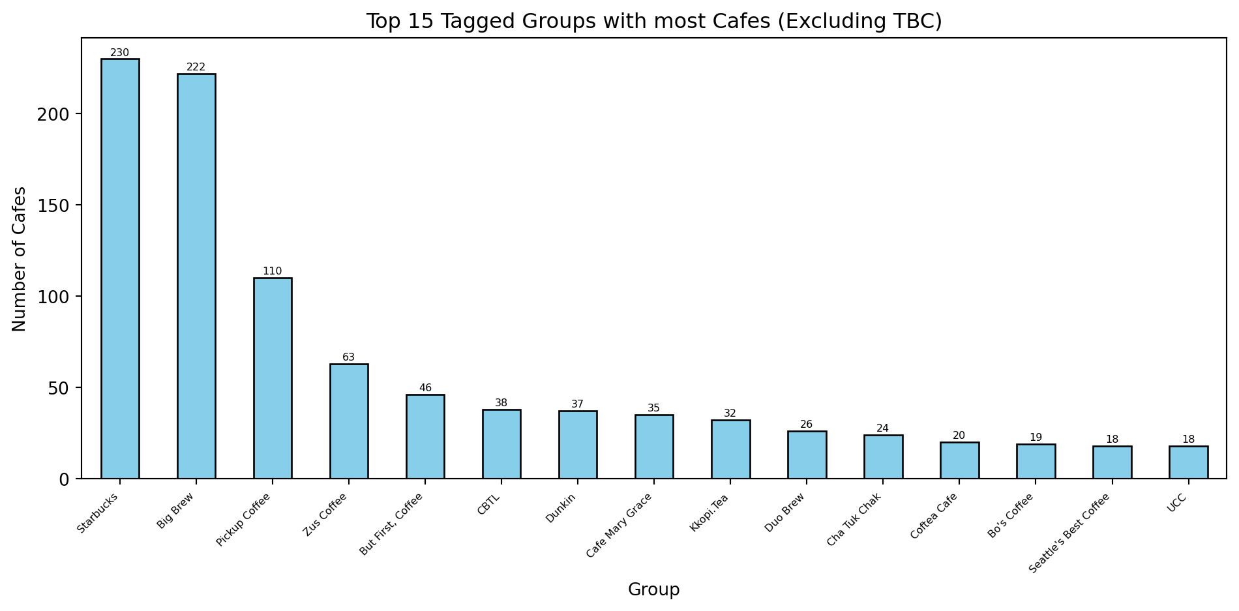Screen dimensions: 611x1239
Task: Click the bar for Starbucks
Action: point(120,269)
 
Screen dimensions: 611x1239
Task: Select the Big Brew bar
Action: point(196,276)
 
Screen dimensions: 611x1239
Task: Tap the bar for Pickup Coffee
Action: point(273,378)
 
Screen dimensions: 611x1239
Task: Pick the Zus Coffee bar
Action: point(349,421)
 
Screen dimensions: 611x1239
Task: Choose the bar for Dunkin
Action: point(578,445)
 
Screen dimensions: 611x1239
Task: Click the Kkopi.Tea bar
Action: point(730,449)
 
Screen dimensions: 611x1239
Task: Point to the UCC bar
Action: point(1188,462)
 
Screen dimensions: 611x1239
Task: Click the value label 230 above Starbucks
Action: point(120,53)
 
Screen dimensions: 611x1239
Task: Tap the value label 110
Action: point(273,271)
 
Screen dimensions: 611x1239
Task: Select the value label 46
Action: point(425,388)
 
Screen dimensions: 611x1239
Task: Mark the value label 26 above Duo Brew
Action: point(807,425)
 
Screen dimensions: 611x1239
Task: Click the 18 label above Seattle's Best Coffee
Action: point(1112,440)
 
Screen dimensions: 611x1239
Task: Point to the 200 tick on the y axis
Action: point(59,114)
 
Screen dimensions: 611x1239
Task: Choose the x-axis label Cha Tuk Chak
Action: point(854,520)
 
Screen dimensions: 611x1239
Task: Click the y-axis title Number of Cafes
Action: point(20,259)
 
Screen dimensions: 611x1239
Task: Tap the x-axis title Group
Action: point(653,590)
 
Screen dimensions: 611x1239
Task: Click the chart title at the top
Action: point(653,22)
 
